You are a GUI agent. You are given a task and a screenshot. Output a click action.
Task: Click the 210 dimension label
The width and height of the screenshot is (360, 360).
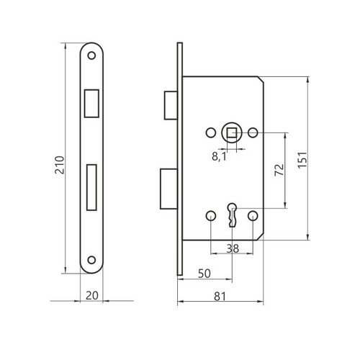tap(60, 165)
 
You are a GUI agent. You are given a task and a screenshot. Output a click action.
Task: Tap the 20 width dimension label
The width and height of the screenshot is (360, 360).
tap(92, 295)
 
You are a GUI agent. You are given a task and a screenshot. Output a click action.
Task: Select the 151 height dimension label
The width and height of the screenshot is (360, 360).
tap(302, 160)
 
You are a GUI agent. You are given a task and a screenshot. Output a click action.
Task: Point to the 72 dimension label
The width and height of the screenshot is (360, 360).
tap(279, 170)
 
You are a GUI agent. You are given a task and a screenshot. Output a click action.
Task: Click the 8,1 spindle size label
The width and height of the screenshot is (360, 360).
tap(219, 157)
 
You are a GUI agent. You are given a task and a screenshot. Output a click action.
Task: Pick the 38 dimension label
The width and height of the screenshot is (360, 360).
tap(233, 248)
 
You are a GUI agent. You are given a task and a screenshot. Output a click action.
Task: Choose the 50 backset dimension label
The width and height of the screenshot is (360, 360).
tap(204, 274)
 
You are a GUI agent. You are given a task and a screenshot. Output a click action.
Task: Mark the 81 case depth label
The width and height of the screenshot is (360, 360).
tap(220, 297)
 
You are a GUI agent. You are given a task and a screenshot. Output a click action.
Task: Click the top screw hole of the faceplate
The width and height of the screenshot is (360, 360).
tap(91, 55)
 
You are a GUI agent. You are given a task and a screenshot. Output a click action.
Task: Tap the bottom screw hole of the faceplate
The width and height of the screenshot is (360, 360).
tap(91, 260)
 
